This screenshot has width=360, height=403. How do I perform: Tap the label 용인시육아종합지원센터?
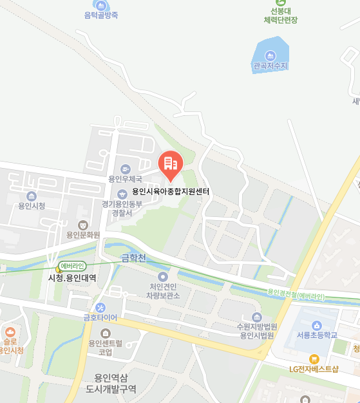171,191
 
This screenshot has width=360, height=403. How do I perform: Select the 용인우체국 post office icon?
125,169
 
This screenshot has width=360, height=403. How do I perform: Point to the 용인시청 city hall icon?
32,196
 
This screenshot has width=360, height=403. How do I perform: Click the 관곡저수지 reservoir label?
270,66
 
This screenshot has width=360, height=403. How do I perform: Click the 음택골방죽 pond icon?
101,5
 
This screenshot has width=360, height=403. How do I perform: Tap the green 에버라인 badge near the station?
72,266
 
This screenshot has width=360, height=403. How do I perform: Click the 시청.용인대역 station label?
72,278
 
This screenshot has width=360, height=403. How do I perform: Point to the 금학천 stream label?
135,258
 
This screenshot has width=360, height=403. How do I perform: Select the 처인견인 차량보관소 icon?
162,276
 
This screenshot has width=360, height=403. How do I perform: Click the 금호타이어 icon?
100,307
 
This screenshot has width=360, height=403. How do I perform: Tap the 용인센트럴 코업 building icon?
105,333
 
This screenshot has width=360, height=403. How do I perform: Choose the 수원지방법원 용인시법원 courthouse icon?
257,317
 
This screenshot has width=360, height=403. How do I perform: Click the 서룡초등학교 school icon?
316,325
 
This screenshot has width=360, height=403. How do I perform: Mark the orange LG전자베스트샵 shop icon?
314,359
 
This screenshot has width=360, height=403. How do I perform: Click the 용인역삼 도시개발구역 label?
111,383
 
